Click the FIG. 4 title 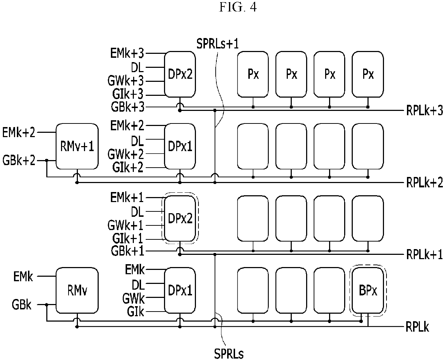click(x=238, y=7)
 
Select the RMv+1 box click(x=77, y=146)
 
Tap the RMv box click(x=77, y=290)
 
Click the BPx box click(x=368, y=290)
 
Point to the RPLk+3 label click(x=425, y=110)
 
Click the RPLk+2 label click(x=425, y=182)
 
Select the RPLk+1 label click(x=424, y=254)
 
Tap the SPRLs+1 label click(x=217, y=44)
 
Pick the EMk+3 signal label click(x=127, y=53)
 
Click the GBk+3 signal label click(x=128, y=107)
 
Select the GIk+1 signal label click(x=128, y=238)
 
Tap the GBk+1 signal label click(x=127, y=251)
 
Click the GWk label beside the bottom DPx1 click(x=133, y=298)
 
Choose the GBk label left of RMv click(x=22, y=305)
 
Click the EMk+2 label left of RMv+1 click(x=19, y=132)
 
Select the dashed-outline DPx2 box click(x=180, y=218)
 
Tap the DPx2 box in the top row click(x=180, y=74)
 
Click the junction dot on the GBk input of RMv click(x=47, y=305)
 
